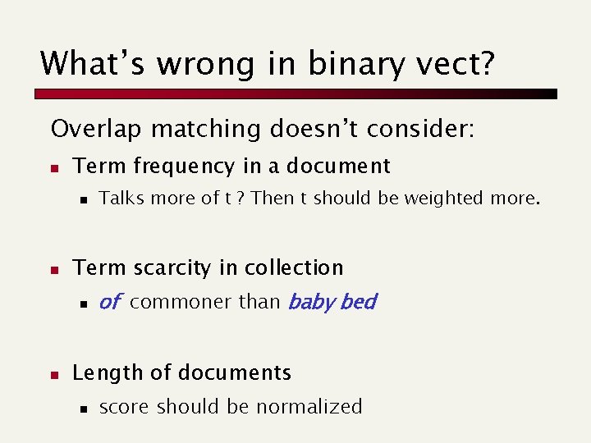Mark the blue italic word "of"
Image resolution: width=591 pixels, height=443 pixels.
(109, 302)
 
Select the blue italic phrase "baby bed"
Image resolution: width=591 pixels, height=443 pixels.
(332, 302)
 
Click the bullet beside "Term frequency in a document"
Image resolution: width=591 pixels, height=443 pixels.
(53, 167)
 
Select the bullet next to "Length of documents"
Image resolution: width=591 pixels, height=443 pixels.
(53, 374)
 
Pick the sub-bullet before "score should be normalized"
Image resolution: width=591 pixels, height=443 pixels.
(83, 408)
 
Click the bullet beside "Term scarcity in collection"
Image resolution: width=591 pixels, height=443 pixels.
(53, 269)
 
